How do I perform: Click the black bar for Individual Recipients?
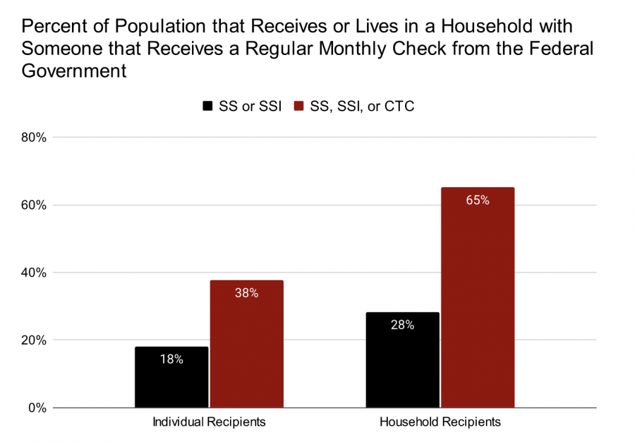point(171,377)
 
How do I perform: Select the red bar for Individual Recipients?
point(247,344)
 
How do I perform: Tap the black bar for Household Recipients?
point(403,360)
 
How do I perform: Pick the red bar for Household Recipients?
point(478,297)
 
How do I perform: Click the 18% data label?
point(171,359)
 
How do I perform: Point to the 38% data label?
point(247,293)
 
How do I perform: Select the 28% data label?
point(403,325)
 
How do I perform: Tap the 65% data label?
point(478,200)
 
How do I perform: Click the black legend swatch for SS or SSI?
point(207,106)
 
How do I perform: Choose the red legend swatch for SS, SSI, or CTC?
point(298,106)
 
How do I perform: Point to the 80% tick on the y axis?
point(34,138)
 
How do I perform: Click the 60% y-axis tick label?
point(34,205)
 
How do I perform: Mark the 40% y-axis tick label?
point(34,273)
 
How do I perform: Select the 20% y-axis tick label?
point(34,341)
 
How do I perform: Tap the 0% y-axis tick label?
point(37,408)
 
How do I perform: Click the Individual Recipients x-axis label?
point(209,422)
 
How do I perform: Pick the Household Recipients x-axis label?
point(440,422)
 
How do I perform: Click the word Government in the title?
point(74,71)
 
